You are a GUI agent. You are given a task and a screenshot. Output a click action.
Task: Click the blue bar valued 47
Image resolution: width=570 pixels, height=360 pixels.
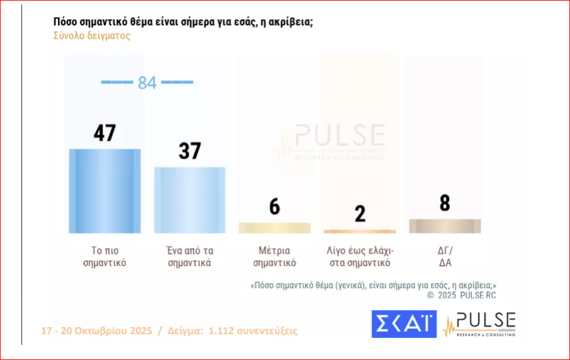tap(105, 191)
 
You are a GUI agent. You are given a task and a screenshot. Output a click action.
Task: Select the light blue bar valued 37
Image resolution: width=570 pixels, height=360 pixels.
tap(190, 200)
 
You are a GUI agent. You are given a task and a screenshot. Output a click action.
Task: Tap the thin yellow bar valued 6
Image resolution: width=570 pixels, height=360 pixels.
tap(274, 228)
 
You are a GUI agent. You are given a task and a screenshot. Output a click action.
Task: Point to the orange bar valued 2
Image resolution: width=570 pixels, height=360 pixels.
tap(360, 231)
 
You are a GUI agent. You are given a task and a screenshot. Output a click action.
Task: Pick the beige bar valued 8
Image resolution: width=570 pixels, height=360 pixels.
tap(445, 226)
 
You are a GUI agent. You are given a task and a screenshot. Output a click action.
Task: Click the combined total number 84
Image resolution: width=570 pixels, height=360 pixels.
tap(147, 83)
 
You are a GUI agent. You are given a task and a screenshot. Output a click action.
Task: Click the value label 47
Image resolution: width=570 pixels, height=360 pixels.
tap(105, 133)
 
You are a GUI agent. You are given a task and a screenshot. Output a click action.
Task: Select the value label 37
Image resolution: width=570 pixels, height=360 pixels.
tap(189, 151)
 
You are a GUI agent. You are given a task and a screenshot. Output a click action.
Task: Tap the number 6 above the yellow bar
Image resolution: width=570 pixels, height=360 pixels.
tap(274, 207)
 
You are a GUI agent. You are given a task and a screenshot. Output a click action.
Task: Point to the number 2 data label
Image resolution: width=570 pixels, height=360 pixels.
tap(360, 213)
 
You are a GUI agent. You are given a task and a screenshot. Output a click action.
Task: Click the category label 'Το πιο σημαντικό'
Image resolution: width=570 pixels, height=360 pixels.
tap(105, 256)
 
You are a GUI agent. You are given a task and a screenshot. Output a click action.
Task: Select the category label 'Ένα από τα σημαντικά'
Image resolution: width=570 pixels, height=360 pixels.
tap(190, 256)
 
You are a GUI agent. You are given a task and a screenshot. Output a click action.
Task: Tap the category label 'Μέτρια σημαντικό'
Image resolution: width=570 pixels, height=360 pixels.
tap(274, 256)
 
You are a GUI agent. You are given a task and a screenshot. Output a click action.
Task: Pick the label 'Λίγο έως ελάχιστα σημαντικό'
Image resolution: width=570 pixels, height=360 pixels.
tap(360, 256)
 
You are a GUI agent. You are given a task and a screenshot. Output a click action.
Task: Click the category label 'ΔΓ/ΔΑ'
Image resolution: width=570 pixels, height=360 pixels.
tap(445, 256)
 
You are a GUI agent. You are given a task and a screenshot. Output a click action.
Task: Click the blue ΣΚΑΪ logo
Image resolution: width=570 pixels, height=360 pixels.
tap(404, 324)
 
